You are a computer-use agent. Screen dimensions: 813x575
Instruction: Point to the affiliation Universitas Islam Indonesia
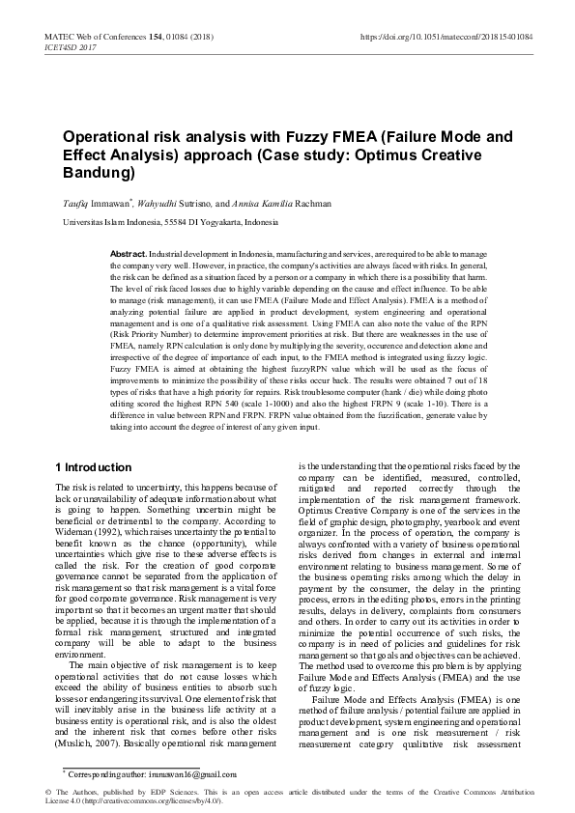click(x=113, y=221)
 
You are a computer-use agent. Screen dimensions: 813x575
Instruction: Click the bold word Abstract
click(x=129, y=252)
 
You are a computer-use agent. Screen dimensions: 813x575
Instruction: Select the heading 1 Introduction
click(x=94, y=467)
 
